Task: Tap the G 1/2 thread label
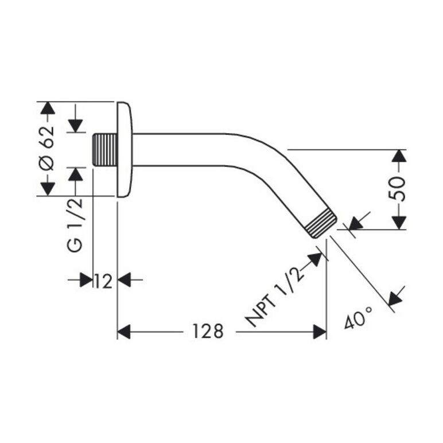75,225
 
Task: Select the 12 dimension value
103,281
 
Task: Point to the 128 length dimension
208,331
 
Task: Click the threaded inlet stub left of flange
105,150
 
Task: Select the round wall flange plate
125,149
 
